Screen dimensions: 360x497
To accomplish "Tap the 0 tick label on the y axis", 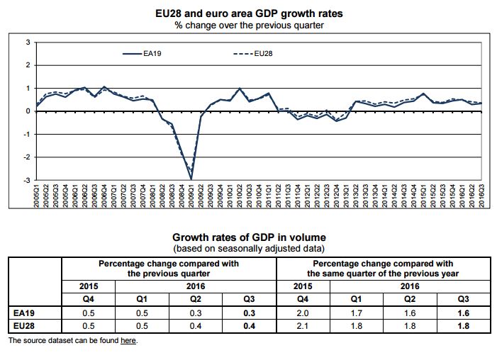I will point(27,111).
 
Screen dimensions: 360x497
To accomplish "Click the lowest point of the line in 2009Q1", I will point(191,179).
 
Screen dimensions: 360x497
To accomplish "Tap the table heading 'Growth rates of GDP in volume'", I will point(248,237).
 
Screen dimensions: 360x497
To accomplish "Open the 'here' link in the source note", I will point(128,340).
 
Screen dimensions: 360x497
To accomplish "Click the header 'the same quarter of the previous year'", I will point(383,274).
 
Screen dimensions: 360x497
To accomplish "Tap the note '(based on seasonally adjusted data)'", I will point(248,249).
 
